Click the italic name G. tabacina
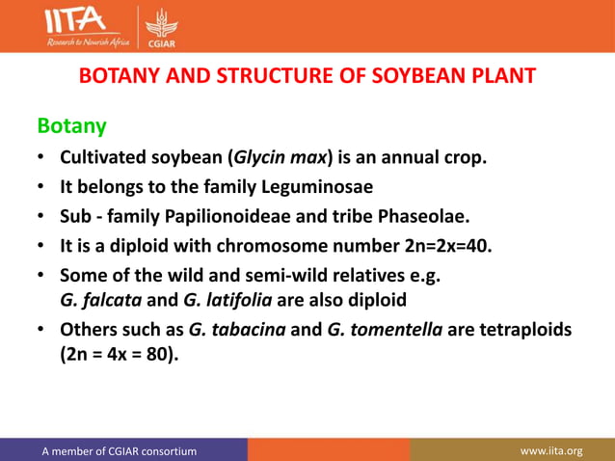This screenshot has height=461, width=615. pyautogui.click(x=237, y=330)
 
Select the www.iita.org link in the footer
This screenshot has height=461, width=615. pyautogui.click(x=551, y=450)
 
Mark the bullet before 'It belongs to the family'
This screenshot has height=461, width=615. pyautogui.click(x=42, y=186)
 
